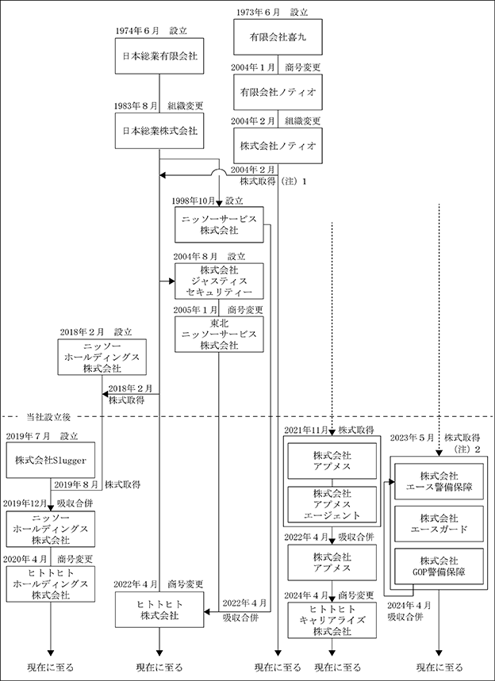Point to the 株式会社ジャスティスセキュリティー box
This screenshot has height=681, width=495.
pos(220,281)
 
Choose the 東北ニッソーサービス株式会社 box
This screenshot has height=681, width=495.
pos(220,335)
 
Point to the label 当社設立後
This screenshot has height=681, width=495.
pos(46,416)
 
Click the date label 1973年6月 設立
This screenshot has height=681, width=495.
pos(277,13)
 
